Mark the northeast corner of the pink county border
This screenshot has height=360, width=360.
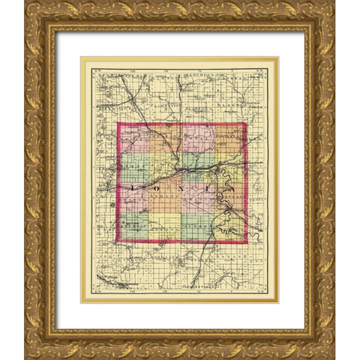click(246, 123)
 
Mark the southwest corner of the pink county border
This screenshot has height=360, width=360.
click(117, 241)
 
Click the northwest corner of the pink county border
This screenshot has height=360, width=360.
click(118, 123)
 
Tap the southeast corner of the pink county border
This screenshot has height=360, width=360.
click(246, 242)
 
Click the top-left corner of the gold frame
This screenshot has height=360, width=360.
click(25, 1)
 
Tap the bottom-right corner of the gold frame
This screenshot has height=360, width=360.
click(334, 358)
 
